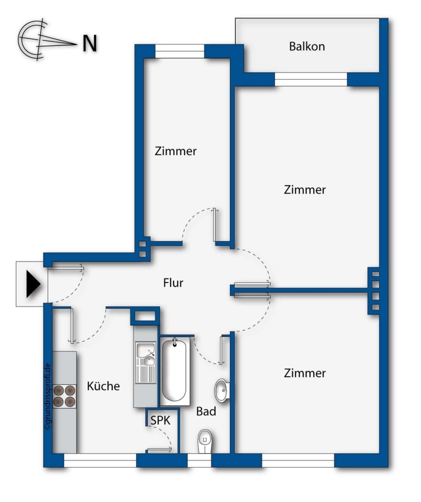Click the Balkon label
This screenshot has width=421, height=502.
[x=307, y=47]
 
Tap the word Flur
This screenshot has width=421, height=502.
[x=173, y=283]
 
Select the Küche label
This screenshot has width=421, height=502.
[x=103, y=386]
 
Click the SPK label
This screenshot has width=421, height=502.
[x=161, y=420]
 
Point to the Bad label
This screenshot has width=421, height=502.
[x=206, y=411]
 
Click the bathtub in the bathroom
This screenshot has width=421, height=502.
[x=175, y=370]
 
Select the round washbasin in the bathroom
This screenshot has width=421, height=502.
[x=221, y=390]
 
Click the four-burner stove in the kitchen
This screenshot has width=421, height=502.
[x=64, y=396]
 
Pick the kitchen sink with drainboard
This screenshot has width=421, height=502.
[x=146, y=363]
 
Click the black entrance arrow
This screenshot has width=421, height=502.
[x=33, y=284]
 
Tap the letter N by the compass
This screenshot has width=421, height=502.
[x=90, y=43]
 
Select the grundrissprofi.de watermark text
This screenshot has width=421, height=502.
[x=48, y=397]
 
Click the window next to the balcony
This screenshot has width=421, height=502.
[x=311, y=79]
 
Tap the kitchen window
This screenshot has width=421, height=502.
[x=100, y=460]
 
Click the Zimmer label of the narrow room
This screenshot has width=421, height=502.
[x=175, y=152]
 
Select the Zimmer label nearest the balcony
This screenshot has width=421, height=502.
[x=304, y=190]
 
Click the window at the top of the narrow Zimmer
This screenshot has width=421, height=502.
[x=180, y=51]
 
